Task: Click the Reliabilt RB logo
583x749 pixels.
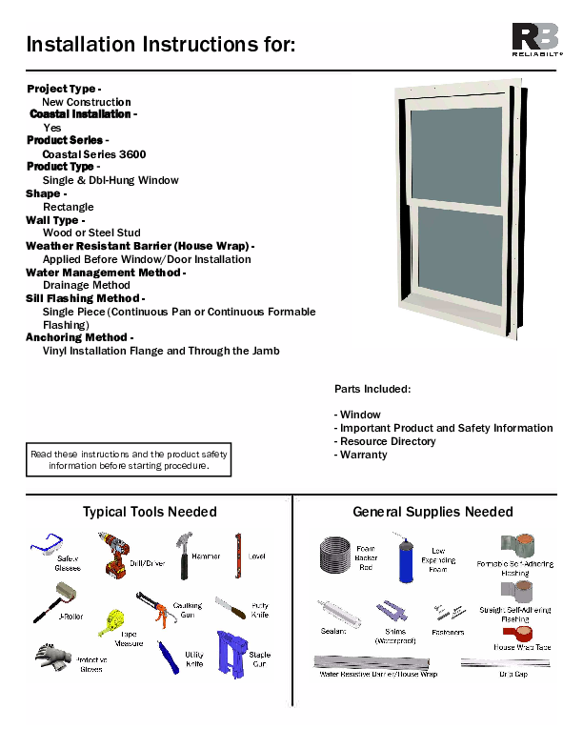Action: [x=536, y=38]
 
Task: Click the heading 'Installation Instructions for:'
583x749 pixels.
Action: [x=160, y=45]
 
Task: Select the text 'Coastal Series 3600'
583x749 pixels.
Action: [x=93, y=153]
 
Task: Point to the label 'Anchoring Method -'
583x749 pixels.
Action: [x=78, y=337]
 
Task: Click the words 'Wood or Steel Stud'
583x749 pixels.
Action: [x=91, y=232]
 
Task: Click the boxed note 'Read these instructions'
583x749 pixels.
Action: [x=128, y=460]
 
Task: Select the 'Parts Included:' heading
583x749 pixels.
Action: [x=372, y=389]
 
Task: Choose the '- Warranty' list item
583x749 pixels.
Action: [x=361, y=455]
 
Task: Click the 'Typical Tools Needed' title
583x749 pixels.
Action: [x=150, y=512]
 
